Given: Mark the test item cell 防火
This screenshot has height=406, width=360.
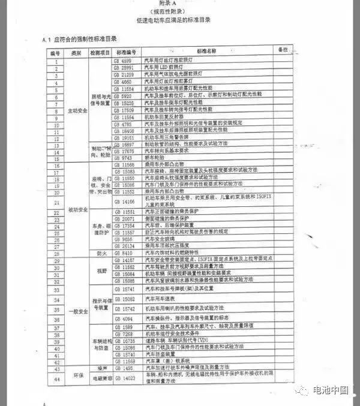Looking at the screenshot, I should coord(100,252).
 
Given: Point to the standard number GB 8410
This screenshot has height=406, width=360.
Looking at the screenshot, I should coord(125,252).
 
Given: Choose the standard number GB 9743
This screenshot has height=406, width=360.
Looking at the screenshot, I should coord(125,158).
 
